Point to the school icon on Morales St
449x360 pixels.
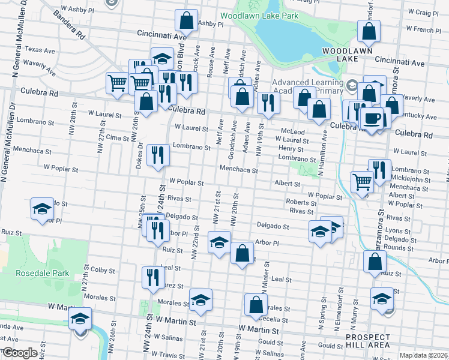[200, 299]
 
